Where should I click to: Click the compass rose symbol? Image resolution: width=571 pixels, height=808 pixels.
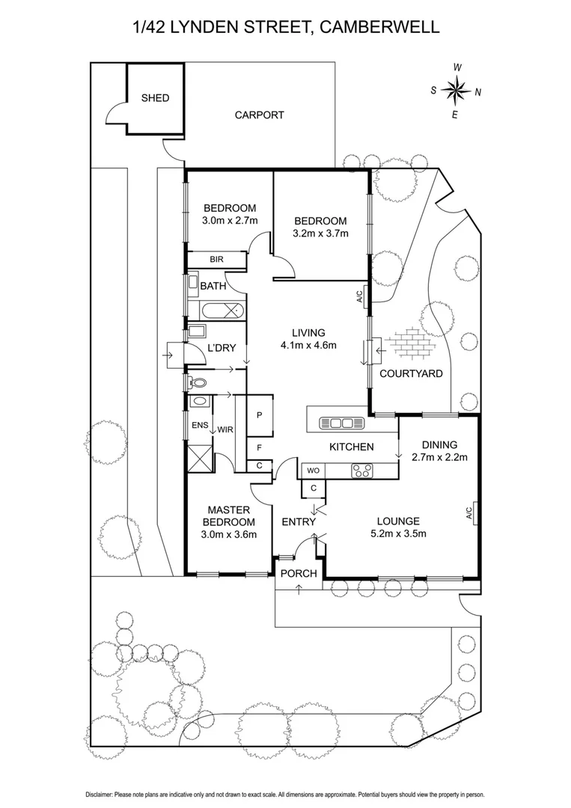coord(454,91)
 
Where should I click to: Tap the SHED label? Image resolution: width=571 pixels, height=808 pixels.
coord(155,98)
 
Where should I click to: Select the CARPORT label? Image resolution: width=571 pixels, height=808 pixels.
coord(259,115)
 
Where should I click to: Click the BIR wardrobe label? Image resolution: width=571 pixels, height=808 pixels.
coord(217,260)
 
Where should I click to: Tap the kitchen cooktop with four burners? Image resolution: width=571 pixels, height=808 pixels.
coord(362,471)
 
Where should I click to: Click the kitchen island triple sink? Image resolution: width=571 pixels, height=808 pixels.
coord(342,423)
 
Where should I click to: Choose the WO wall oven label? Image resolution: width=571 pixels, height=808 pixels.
coord(312,471)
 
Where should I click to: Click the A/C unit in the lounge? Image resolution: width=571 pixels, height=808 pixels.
coord(470,513)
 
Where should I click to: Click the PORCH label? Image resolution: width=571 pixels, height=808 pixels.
coord(299,574)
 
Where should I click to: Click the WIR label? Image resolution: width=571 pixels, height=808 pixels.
coord(225,429)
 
